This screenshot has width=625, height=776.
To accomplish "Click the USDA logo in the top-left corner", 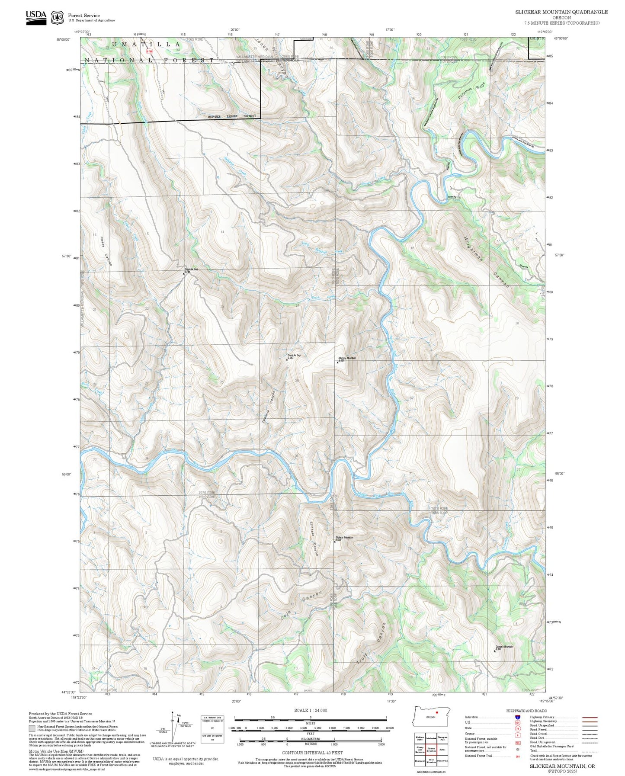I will click(36, 17).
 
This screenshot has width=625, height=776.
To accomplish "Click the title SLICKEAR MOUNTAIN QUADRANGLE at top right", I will click(561, 12).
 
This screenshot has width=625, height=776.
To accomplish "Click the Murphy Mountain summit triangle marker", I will click(337, 362).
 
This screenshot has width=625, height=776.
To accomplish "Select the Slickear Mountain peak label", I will click(345, 538).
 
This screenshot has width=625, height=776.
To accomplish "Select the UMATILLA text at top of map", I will click(146, 45).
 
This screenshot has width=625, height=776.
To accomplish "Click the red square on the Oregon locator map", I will click(437, 712).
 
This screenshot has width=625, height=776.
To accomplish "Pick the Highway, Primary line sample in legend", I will click(590, 717).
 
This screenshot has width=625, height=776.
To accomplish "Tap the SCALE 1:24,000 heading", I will click(311, 710).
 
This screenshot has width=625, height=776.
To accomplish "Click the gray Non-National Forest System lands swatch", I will click(32, 728).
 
